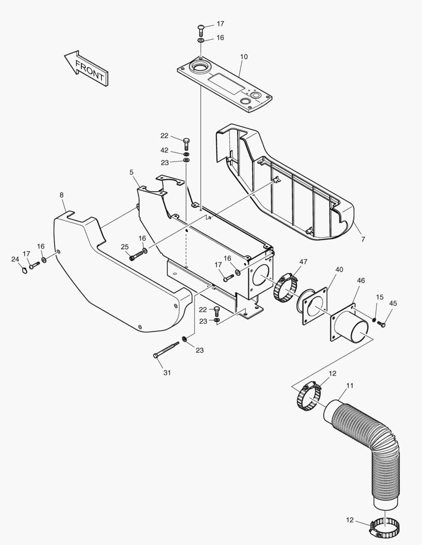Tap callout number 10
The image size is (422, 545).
(x=244, y=57)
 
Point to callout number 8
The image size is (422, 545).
(x=62, y=194)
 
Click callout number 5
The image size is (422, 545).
(x=131, y=173)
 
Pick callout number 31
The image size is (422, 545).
(x=167, y=373)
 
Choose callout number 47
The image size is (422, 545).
(x=303, y=262)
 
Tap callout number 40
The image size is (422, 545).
(x=339, y=269)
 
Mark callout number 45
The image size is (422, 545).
(x=393, y=303)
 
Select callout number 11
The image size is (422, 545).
(x=350, y=386)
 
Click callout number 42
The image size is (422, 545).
(x=165, y=150)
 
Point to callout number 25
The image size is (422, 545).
(x=125, y=246)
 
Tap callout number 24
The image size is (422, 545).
(x=15, y=259)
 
